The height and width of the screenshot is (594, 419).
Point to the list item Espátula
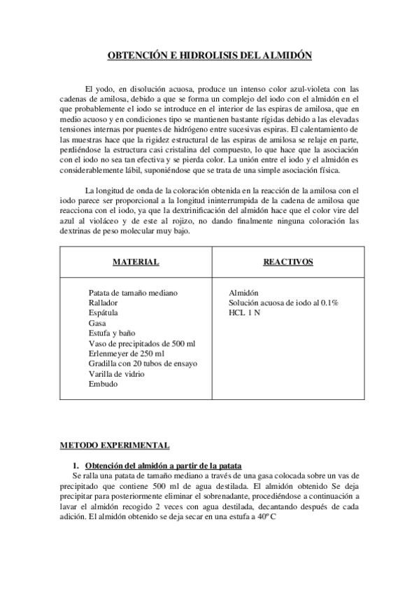pos(104,312)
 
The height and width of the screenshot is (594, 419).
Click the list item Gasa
pos(97,323)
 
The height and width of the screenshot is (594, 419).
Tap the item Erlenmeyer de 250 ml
pos(126,354)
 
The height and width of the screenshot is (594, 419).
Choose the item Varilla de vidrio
pos(117,374)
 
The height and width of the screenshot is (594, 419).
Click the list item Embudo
pos(103,384)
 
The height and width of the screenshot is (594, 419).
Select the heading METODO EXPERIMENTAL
pos(113,445)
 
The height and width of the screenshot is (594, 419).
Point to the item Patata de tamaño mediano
pos(133,292)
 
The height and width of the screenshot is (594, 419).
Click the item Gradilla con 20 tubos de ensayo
pos(143,364)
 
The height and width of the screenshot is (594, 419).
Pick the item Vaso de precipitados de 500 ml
pos(142,343)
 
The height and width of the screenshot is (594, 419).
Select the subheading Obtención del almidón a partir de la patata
pos(163,465)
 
